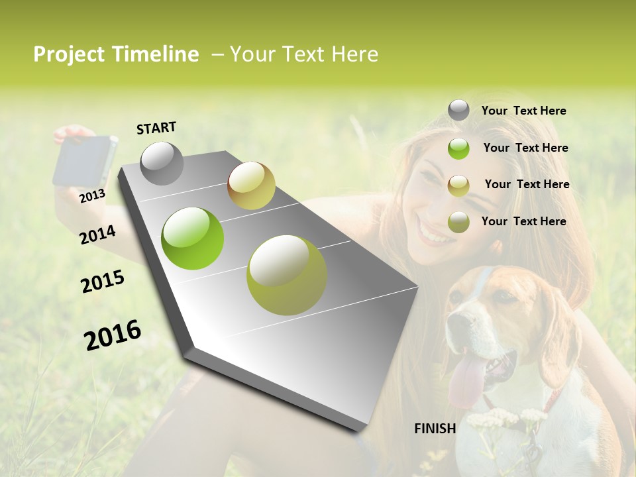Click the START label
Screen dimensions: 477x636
[x=156, y=128]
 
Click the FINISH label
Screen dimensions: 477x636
[x=435, y=429]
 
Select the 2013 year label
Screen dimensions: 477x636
[x=92, y=195]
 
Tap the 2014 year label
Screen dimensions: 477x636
[x=97, y=235]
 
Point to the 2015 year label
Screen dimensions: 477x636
[x=103, y=282]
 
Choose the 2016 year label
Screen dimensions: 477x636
[x=113, y=335]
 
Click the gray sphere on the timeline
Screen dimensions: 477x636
[x=162, y=163]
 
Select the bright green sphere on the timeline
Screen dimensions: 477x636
[x=193, y=238]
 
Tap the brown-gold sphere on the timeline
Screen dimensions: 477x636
[x=251, y=185]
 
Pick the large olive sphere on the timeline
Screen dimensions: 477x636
[x=287, y=275]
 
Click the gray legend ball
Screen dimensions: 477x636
[x=458, y=111]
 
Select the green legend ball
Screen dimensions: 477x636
[x=458, y=148]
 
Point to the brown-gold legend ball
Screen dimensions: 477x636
[x=458, y=185]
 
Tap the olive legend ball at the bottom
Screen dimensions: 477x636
[x=458, y=222]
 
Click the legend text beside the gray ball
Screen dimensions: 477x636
[x=523, y=111]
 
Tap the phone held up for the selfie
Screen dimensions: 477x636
[x=84, y=161]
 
